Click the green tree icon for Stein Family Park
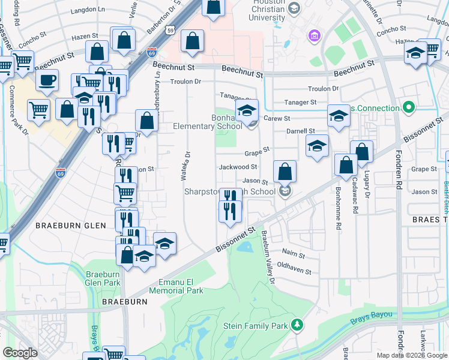pos(296,325)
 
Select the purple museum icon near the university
pos(313,37)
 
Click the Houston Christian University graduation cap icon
pos(294,8)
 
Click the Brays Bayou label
pos(372,314)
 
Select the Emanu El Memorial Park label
pos(181,286)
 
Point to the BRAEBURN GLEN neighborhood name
pos(70,226)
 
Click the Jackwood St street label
pos(238,167)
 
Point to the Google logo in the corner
pos(20,352)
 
